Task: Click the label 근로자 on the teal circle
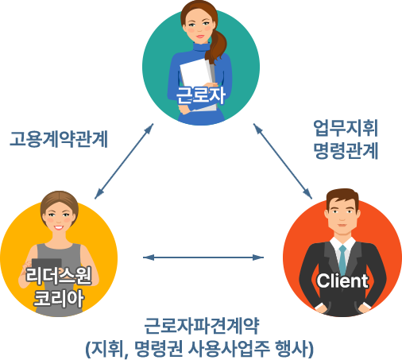tap(200, 95)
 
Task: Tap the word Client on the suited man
tap(342, 281)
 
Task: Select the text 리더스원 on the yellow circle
tap(59, 276)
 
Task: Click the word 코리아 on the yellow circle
tap(59, 299)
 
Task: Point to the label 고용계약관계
tap(59, 139)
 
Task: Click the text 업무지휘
tap(346, 128)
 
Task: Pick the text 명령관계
tap(346, 151)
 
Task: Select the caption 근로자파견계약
tap(202, 326)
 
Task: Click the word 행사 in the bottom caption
tap(292, 348)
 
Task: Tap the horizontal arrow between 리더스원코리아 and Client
tap(203, 257)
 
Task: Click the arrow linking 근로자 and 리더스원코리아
tap(124, 161)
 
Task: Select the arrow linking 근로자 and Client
tap(283, 161)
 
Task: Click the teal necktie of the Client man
tap(342, 261)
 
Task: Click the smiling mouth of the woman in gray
tap(59, 227)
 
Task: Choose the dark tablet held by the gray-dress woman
tap(47, 265)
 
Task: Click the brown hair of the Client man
tap(342, 197)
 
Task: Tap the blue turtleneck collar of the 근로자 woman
tap(201, 48)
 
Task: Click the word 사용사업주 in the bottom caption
tap(229, 348)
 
